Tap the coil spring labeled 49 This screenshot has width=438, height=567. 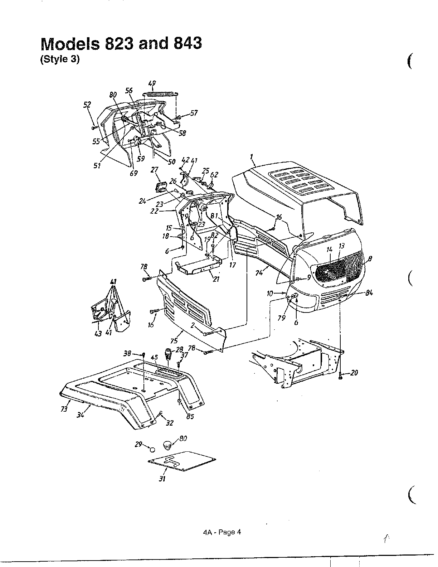click(x=160, y=94)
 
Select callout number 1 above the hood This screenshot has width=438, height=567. click(x=252, y=157)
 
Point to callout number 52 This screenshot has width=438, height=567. click(x=87, y=105)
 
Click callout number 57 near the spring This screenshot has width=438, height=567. click(x=194, y=113)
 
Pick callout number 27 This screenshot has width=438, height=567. click(x=154, y=169)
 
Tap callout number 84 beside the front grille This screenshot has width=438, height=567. click(x=369, y=292)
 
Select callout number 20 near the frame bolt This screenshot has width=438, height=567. click(x=354, y=373)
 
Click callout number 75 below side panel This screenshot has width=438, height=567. click(x=174, y=341)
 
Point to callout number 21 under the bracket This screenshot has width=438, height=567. click(x=216, y=279)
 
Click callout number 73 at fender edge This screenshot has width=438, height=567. click(x=64, y=409)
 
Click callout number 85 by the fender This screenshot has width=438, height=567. click(x=190, y=416)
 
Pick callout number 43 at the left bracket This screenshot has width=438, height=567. click(x=98, y=333)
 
